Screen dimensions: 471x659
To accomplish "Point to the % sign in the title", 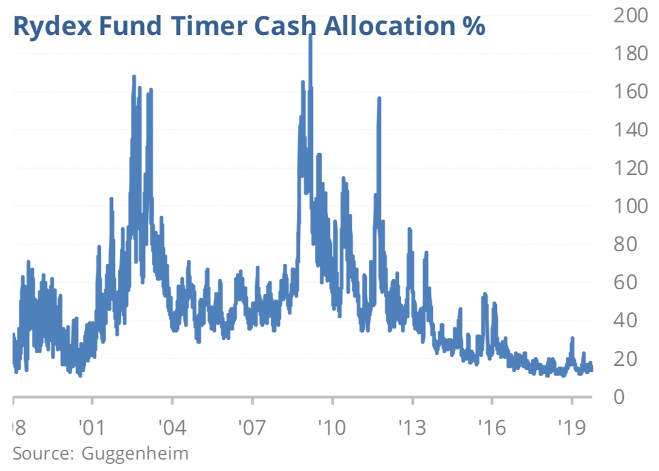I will click(x=472, y=27).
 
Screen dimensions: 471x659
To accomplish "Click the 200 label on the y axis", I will click(x=630, y=16).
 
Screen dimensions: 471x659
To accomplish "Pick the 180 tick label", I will click(x=630, y=54).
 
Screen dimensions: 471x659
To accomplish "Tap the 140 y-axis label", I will click(x=630, y=130).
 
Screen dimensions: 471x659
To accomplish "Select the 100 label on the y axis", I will click(x=630, y=206).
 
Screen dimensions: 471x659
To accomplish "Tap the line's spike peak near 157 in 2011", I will click(x=379, y=98).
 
